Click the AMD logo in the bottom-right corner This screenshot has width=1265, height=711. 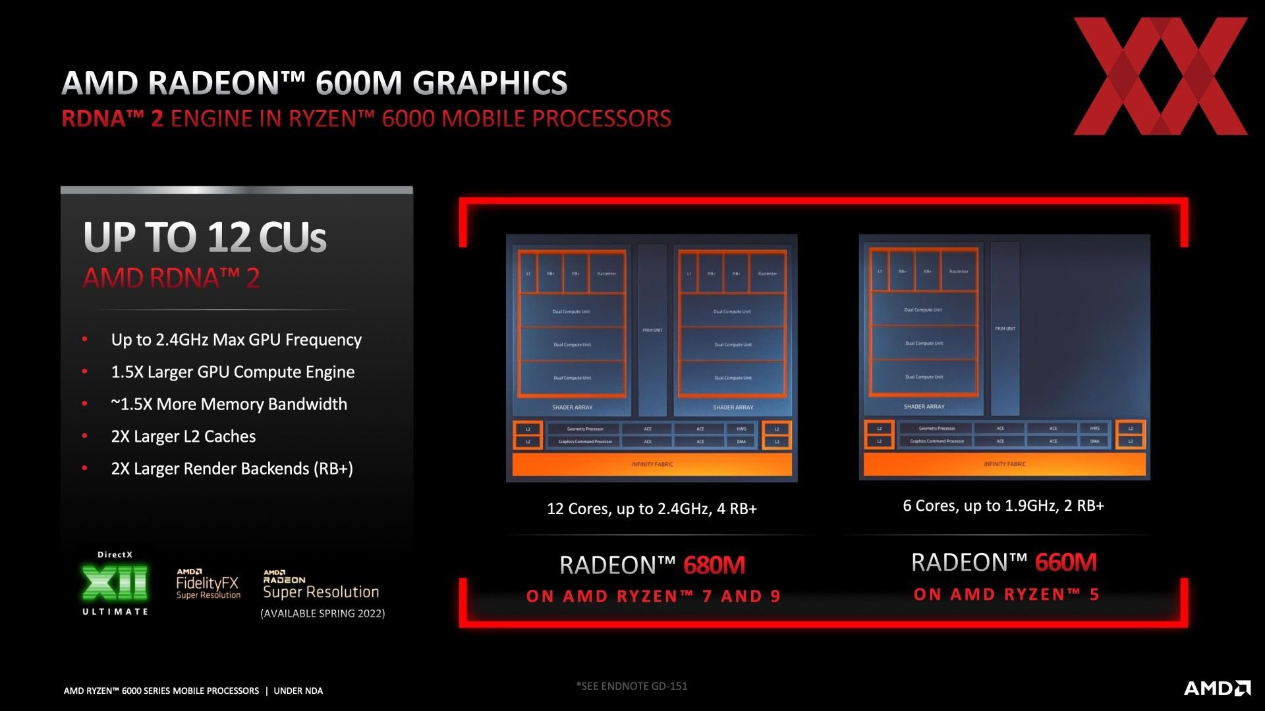1217,688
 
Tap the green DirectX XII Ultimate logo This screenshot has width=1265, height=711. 115,583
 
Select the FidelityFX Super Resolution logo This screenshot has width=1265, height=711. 208,585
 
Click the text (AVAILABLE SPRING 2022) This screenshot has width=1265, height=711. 323,614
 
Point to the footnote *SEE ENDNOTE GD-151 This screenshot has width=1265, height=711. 631,686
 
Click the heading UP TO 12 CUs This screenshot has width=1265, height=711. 205,237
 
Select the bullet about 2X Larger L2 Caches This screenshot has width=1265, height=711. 183,436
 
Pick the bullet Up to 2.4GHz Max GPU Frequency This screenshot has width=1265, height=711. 236,340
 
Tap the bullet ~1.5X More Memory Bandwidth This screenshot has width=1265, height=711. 229,404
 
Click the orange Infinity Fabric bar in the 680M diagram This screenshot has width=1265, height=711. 652,464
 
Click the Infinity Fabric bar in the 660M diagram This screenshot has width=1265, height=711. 1004,464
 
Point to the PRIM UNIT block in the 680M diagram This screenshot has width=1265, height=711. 652,330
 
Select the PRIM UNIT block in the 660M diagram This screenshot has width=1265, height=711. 1005,328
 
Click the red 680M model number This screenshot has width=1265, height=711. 714,566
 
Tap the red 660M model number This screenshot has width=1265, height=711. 1065,563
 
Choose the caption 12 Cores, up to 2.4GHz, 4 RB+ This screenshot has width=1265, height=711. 652,509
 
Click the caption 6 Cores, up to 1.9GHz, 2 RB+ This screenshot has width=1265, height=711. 1003,506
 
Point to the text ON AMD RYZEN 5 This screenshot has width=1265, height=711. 1006,594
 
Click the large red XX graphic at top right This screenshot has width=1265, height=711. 1160,76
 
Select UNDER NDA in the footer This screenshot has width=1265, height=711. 298,691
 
